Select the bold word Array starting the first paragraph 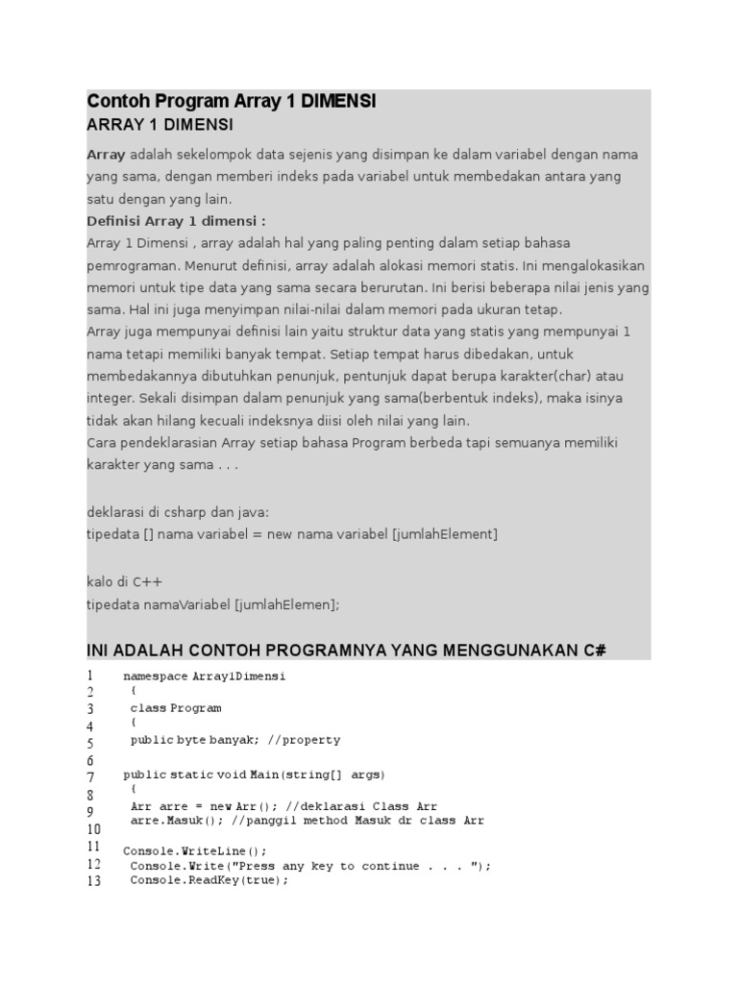(107, 155)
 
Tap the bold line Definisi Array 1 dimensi (176, 221)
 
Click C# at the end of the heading (594, 651)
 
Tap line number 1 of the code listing (90, 676)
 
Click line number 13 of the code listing (93, 881)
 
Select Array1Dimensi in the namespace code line (239, 676)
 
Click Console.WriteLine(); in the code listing (195, 850)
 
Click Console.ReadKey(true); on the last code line (209, 880)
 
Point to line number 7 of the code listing (90, 776)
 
